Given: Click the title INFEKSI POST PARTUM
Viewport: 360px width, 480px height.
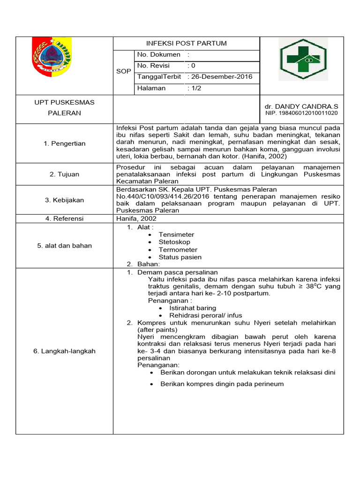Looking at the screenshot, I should point(187,44).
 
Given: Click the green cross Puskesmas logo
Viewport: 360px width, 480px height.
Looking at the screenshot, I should point(303,60).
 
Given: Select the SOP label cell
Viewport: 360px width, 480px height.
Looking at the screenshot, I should point(124,71).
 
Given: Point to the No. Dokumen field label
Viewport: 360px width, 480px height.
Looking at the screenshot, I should point(158,55).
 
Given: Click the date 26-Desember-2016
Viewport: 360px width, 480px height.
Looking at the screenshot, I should point(219,77).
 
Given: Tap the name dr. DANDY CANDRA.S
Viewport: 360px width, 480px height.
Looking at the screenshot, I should point(301,106).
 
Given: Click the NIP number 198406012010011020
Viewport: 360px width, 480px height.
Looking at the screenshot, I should point(301,113).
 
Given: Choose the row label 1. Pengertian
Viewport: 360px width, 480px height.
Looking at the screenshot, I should point(65,143).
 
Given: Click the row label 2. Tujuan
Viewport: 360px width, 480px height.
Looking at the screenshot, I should point(65,174).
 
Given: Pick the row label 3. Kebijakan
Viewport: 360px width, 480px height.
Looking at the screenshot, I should point(65,200).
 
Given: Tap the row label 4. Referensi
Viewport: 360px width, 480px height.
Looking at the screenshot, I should point(65,218).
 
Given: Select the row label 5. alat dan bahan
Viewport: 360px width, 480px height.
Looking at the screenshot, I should point(65,246).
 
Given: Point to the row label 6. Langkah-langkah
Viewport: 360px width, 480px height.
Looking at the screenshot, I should point(65,351).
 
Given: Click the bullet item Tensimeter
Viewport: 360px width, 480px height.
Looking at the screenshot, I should point(176,235).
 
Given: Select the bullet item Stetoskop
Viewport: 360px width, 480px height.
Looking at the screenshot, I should point(174,242).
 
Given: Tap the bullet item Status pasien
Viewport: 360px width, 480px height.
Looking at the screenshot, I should point(180,257).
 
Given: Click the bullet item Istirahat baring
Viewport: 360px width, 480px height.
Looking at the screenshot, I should point(193,308).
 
